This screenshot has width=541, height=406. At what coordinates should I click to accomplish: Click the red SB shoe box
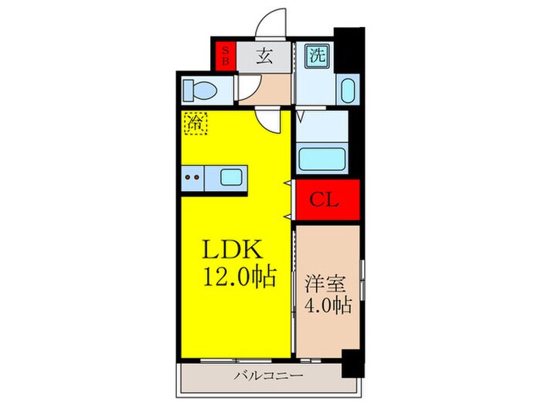(226, 55)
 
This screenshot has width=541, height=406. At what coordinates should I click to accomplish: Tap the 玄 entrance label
(264, 56)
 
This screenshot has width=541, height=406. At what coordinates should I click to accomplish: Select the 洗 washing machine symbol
(318, 56)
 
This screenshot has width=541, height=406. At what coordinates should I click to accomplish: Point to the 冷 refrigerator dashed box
(194, 122)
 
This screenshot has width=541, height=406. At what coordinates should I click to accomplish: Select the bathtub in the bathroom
(325, 159)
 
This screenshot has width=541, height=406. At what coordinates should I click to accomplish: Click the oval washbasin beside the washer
(347, 90)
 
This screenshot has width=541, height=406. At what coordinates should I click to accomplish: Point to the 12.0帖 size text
(240, 276)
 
